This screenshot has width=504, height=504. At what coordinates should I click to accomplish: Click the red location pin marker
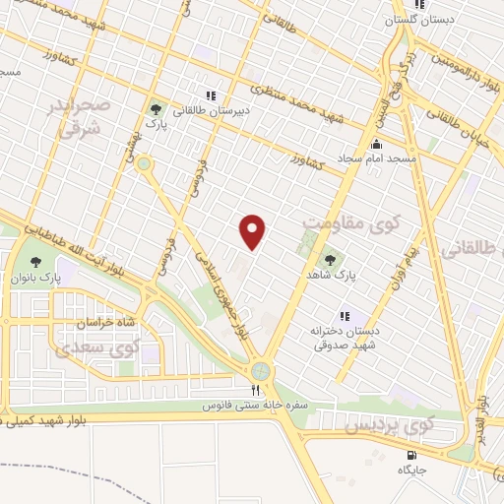pos(254,231)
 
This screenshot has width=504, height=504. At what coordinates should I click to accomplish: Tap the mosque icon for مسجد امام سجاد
pos(375,144)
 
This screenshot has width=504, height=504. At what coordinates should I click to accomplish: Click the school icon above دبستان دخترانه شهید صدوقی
pos(345,316)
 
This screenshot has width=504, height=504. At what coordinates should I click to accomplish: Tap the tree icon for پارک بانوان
pos(35,262)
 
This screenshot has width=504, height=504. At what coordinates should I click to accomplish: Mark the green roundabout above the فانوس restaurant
pos(260,370)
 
